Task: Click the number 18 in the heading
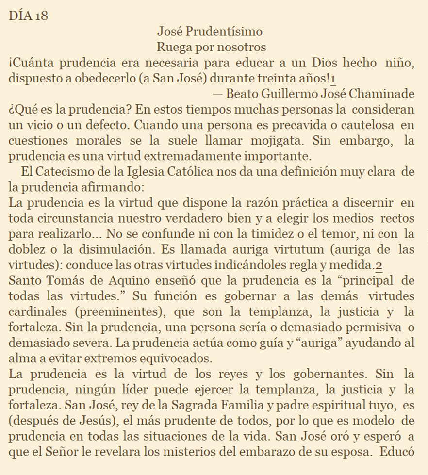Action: [42, 15]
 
